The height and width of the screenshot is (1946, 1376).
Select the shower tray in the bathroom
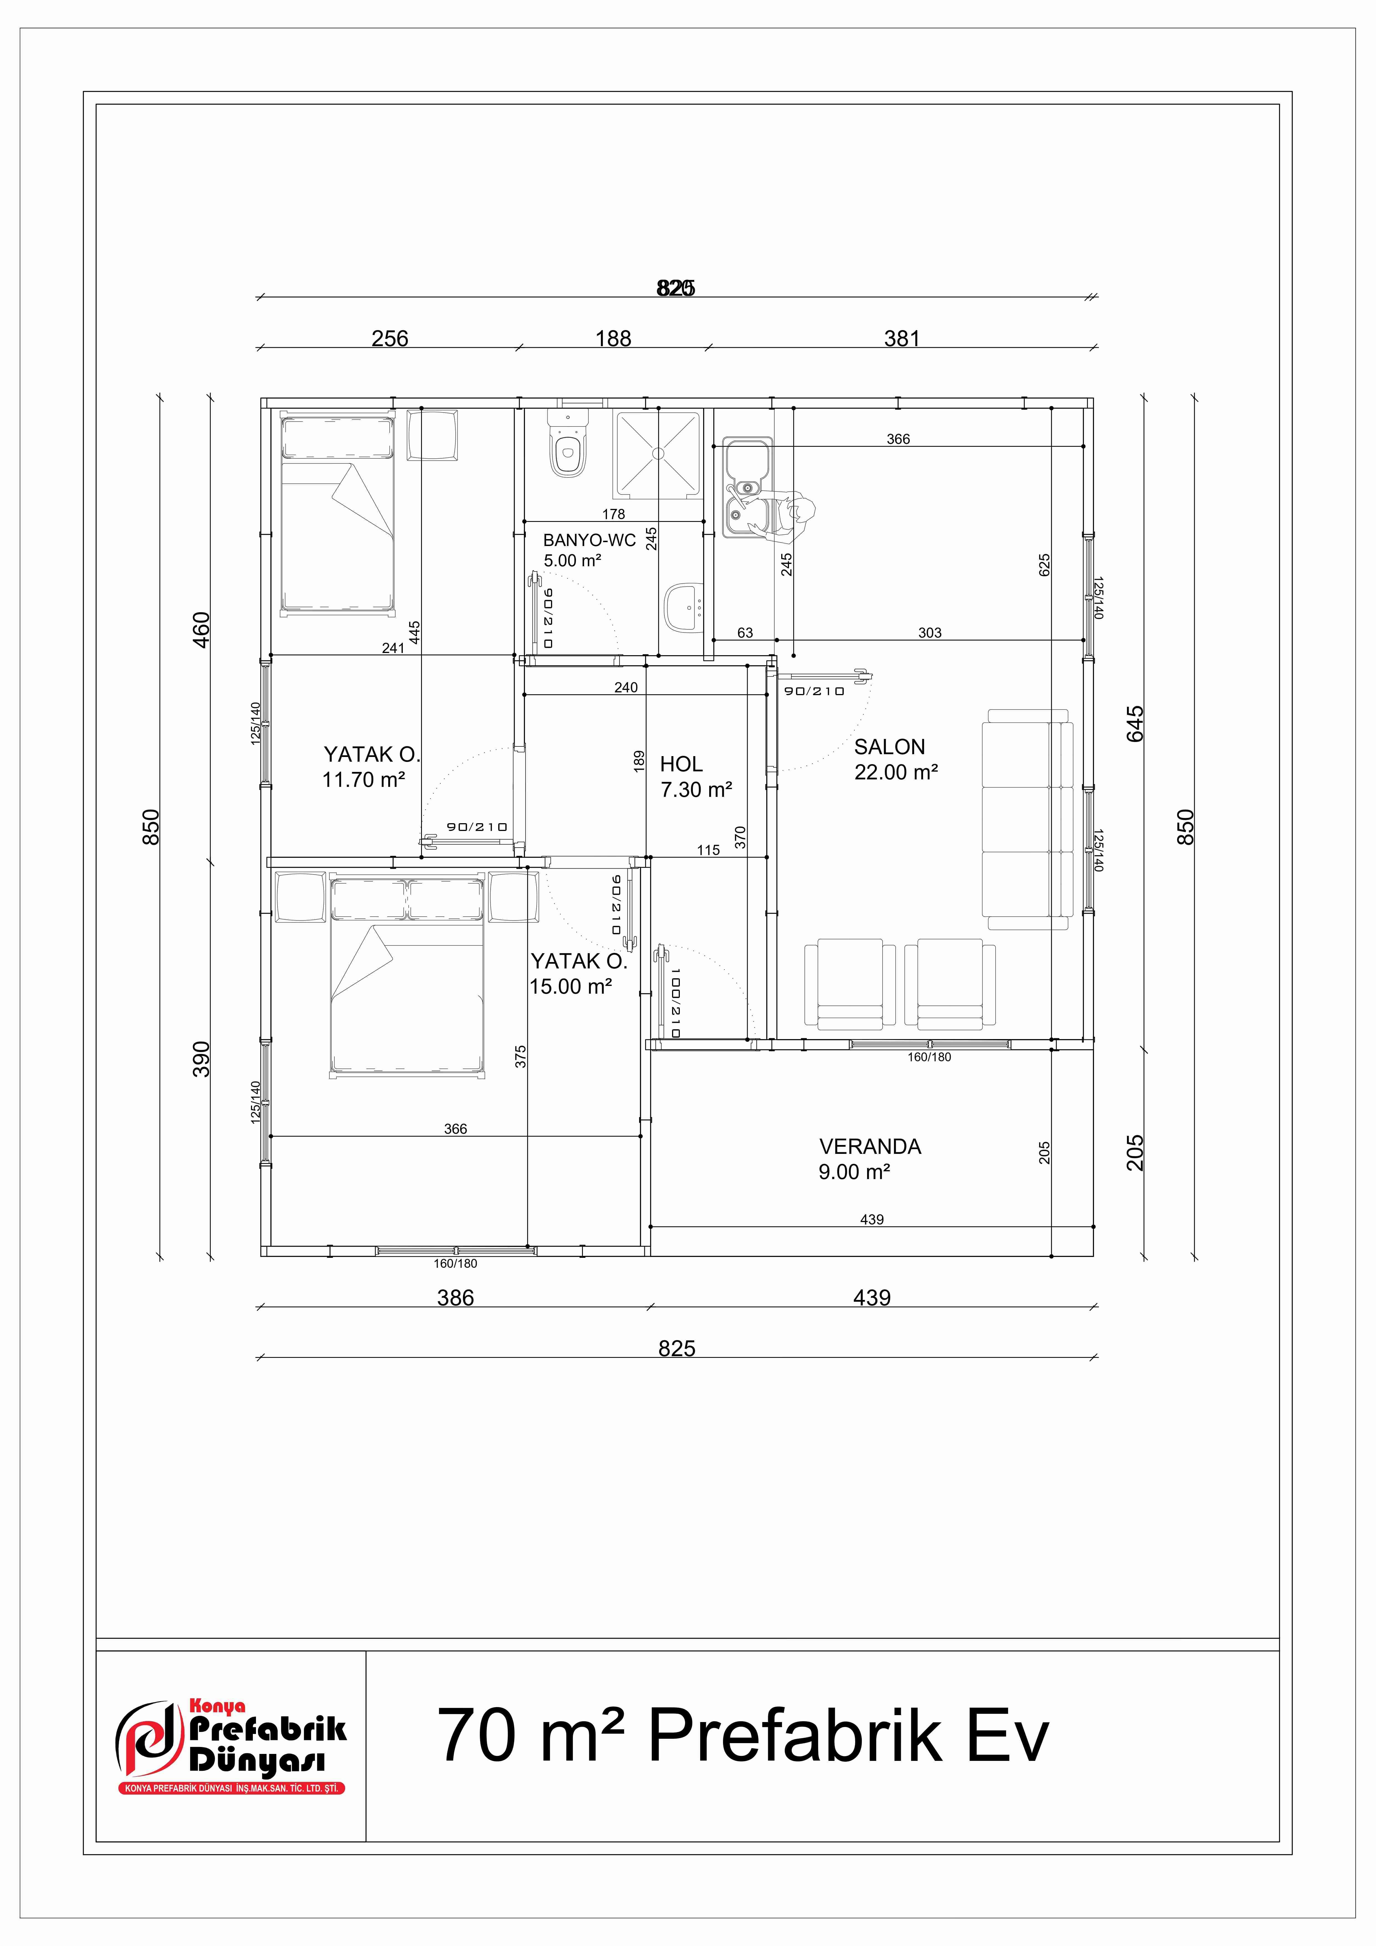tap(657, 454)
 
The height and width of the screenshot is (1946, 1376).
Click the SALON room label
tap(889, 747)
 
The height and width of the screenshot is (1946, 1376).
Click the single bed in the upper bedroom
tap(337, 513)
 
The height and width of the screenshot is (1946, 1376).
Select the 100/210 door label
tap(675, 1003)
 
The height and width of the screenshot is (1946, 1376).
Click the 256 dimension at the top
tap(390, 338)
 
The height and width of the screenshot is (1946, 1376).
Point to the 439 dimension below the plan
tap(872, 1298)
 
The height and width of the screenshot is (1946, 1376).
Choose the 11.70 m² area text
tap(363, 780)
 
